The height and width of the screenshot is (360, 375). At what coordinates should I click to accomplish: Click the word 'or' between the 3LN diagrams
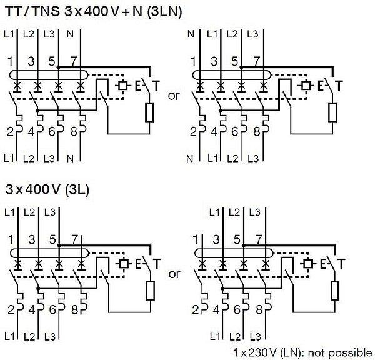[174, 96]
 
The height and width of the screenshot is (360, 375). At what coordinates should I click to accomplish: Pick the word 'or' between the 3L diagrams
[174, 274]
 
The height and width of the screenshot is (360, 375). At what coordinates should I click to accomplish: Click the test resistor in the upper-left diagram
[149, 112]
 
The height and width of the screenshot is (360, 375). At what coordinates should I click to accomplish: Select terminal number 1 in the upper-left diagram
[11, 61]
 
